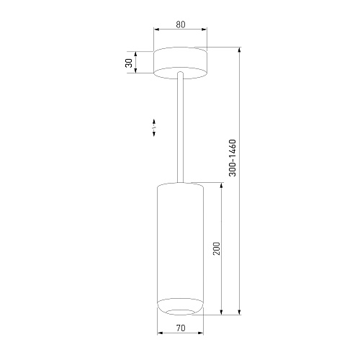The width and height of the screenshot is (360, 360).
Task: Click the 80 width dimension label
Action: (181, 24)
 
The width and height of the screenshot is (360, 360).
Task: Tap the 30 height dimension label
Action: (129, 63)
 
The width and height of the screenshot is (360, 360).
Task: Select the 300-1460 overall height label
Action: (233, 158)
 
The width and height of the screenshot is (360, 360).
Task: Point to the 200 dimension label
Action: (217, 248)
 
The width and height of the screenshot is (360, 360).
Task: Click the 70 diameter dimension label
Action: (181, 328)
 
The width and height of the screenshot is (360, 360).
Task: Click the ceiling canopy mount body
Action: (180, 63)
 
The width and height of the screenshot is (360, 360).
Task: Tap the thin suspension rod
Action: (180, 127)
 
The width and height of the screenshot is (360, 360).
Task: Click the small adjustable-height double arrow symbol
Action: (154, 127)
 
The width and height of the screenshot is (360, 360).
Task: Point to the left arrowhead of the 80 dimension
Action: (156, 30)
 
